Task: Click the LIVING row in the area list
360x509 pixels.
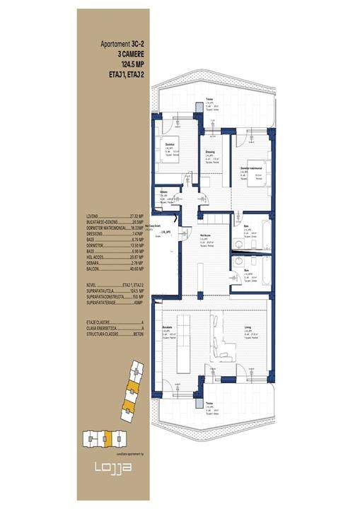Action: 113,216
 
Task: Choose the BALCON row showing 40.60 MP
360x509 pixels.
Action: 113,269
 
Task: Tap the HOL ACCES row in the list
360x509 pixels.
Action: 113,257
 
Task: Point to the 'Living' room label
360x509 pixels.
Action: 247,327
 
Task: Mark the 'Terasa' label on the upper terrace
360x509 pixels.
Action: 209,100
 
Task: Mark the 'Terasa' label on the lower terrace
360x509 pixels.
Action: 209,405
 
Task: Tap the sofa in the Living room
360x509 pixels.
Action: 228,346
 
